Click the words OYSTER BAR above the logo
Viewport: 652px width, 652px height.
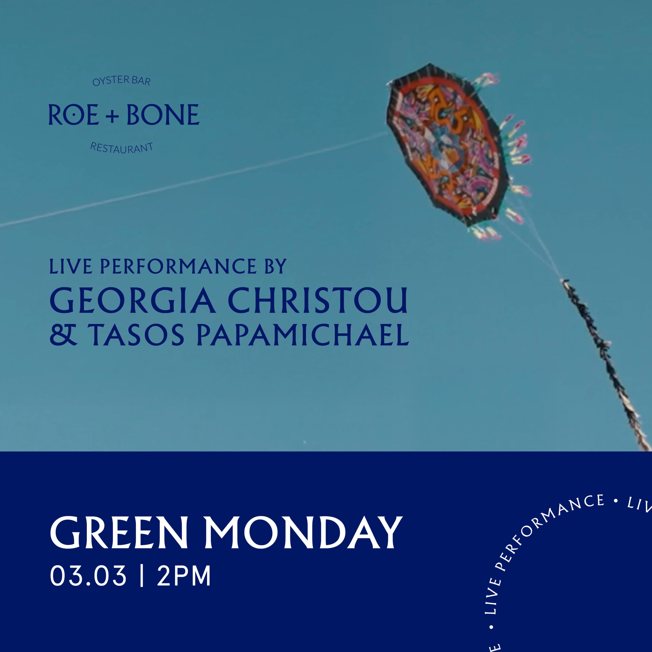point(121,81)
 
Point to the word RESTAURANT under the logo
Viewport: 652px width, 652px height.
point(121,148)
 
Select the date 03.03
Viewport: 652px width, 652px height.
point(88,576)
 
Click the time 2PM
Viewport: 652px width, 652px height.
point(184,576)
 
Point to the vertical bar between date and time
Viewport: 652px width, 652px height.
point(141,576)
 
